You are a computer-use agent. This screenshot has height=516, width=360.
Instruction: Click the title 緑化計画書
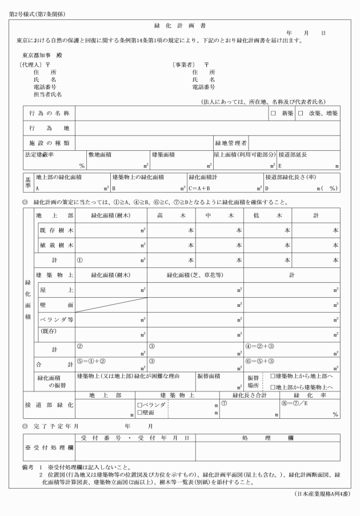180,26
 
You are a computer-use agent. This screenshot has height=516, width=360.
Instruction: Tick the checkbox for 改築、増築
305,113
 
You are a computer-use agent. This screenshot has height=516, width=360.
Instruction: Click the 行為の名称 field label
49,113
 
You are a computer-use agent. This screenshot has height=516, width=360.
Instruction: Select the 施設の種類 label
49,142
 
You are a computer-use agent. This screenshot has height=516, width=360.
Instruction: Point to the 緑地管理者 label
231,142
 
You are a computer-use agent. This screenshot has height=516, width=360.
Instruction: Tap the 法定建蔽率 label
41,154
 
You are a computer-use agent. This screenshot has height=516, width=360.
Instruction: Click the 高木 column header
171,215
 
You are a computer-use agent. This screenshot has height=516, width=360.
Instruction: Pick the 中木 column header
219,215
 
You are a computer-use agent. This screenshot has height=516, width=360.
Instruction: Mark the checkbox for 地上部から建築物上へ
273,387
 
